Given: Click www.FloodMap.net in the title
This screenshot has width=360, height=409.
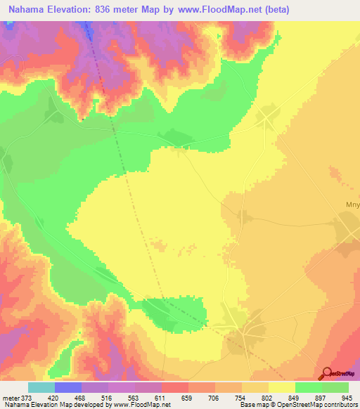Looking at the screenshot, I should tap(220, 10).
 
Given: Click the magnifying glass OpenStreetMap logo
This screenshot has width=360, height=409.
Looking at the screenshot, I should tap(327, 372).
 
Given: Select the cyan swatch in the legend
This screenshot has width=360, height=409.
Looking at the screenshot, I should tap(41, 387).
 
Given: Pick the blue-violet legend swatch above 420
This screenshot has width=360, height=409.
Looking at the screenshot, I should tap(68, 387).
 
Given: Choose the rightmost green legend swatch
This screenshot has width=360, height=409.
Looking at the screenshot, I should tap(335, 387).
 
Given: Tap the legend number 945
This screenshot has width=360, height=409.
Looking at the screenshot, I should tap(345, 397).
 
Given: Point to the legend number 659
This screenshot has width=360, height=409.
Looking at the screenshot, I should tap(187, 397).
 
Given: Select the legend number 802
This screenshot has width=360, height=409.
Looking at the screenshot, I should tap(266, 397).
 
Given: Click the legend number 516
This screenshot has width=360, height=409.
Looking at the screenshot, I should tap(107, 397).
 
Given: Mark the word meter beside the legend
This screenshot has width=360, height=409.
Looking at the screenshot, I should tap(11, 397).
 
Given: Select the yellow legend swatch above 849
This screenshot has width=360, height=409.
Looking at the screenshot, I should tap(282, 387).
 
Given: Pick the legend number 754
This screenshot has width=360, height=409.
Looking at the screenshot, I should tap(240, 397).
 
